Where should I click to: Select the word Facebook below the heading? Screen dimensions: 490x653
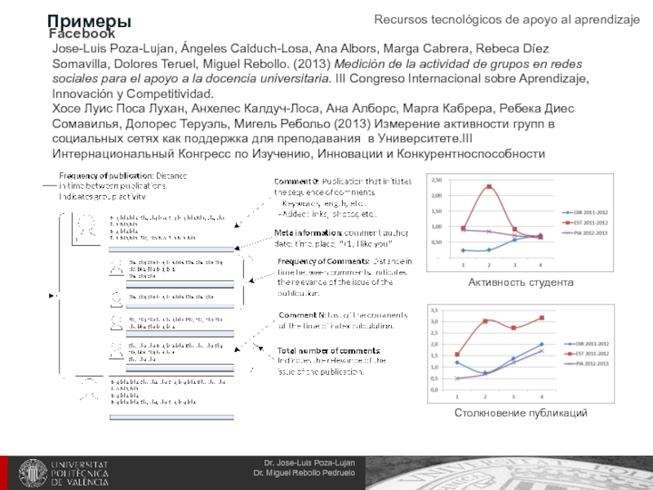pyautogui.click(x=82, y=34)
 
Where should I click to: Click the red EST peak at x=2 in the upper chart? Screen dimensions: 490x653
pyautogui.click(x=489, y=187)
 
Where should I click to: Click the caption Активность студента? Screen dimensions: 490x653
pyautogui.click(x=521, y=282)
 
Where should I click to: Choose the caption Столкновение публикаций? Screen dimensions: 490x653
pyautogui.click(x=521, y=413)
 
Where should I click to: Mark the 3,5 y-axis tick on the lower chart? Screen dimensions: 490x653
pyautogui.click(x=434, y=310)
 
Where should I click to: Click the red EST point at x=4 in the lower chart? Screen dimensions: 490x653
pyautogui.click(x=540, y=318)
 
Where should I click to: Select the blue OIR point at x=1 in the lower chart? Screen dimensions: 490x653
pyautogui.click(x=457, y=363)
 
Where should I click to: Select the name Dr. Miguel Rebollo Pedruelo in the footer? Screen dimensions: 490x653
pyautogui.click(x=304, y=474)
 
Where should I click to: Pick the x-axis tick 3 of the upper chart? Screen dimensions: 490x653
pyautogui.click(x=514, y=265)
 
